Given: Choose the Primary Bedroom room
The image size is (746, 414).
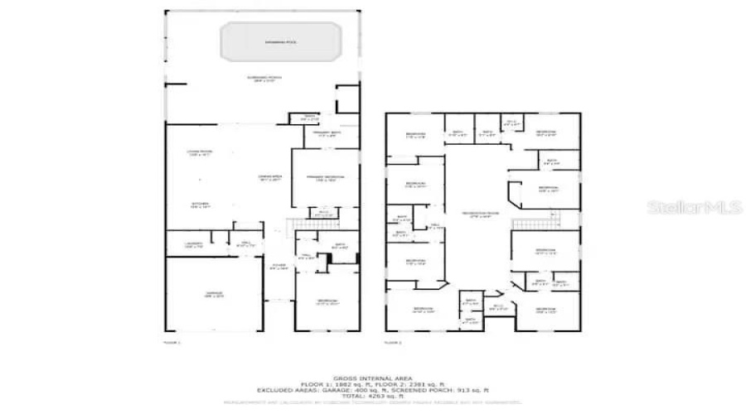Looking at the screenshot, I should coord(325,177).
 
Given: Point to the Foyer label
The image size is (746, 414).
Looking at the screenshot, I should coord(280,266).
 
